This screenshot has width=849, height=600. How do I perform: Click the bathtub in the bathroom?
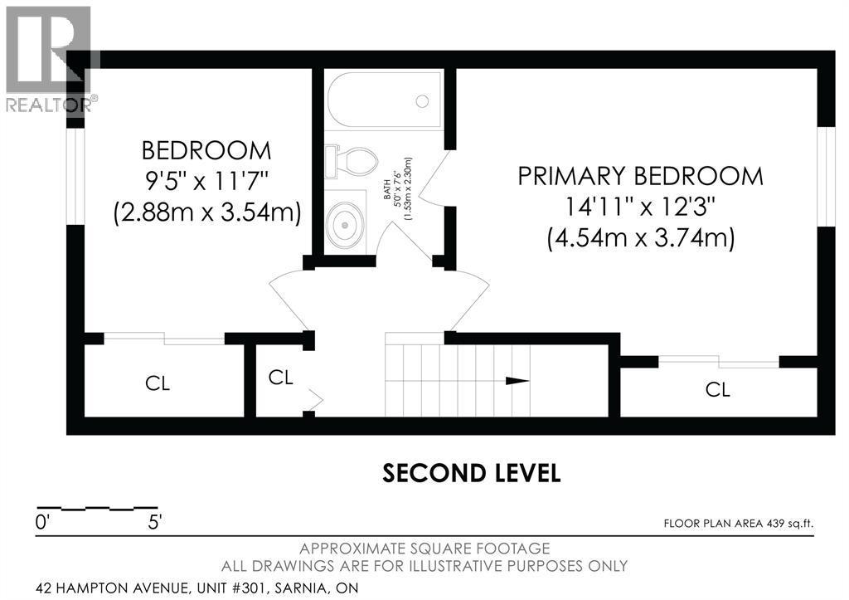coord(385,100)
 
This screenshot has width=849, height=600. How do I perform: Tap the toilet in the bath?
coord(352,160)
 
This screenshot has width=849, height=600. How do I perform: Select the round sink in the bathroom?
coord(344,224)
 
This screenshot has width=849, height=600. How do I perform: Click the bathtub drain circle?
coord(422,100)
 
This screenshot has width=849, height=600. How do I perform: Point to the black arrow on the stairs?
coord(517,380)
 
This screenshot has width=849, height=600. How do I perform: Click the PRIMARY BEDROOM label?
coord(641,177)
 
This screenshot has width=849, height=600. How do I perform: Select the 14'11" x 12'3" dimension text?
coord(641,207)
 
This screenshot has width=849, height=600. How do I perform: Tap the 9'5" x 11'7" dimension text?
coord(206,180)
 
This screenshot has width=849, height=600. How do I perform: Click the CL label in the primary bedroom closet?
coord(718,389)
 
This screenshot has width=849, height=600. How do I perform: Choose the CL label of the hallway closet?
coord(280,378)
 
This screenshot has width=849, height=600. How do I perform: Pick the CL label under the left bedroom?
coord(158,383)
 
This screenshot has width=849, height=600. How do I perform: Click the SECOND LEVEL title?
coord(471,473)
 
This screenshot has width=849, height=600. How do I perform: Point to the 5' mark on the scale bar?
coord(154,523)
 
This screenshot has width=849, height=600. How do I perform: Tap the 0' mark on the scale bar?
coord(42,523)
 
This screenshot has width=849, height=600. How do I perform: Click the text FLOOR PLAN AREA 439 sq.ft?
coord(739,524)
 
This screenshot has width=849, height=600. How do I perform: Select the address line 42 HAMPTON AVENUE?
coord(197,588)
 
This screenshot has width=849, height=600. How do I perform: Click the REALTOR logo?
coord(50,60)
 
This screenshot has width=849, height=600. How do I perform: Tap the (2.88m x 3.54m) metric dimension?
coord(206,212)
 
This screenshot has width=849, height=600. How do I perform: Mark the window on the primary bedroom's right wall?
coord(827,176)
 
